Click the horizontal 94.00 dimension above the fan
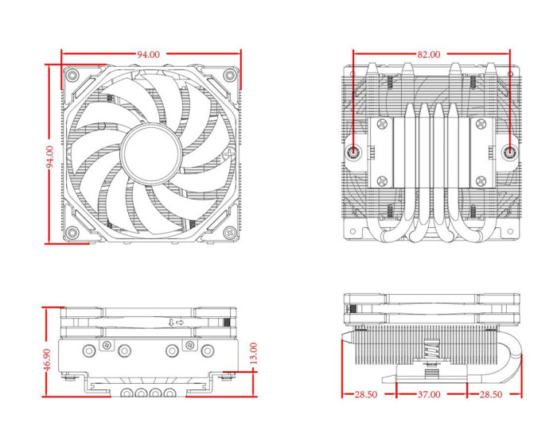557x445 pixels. pos(148,54)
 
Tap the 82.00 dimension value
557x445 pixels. pos(428,54)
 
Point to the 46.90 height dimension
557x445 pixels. pos(47,359)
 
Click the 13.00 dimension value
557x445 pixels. pos(253,353)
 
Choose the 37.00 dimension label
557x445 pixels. pos(430,394)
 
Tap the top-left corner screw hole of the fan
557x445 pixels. pos(72,75)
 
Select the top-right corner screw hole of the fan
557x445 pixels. pos(229,75)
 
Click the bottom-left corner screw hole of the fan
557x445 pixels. pos(72,233)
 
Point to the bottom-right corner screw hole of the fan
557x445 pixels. pos(229,233)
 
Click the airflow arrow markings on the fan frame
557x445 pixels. pos(176,323)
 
